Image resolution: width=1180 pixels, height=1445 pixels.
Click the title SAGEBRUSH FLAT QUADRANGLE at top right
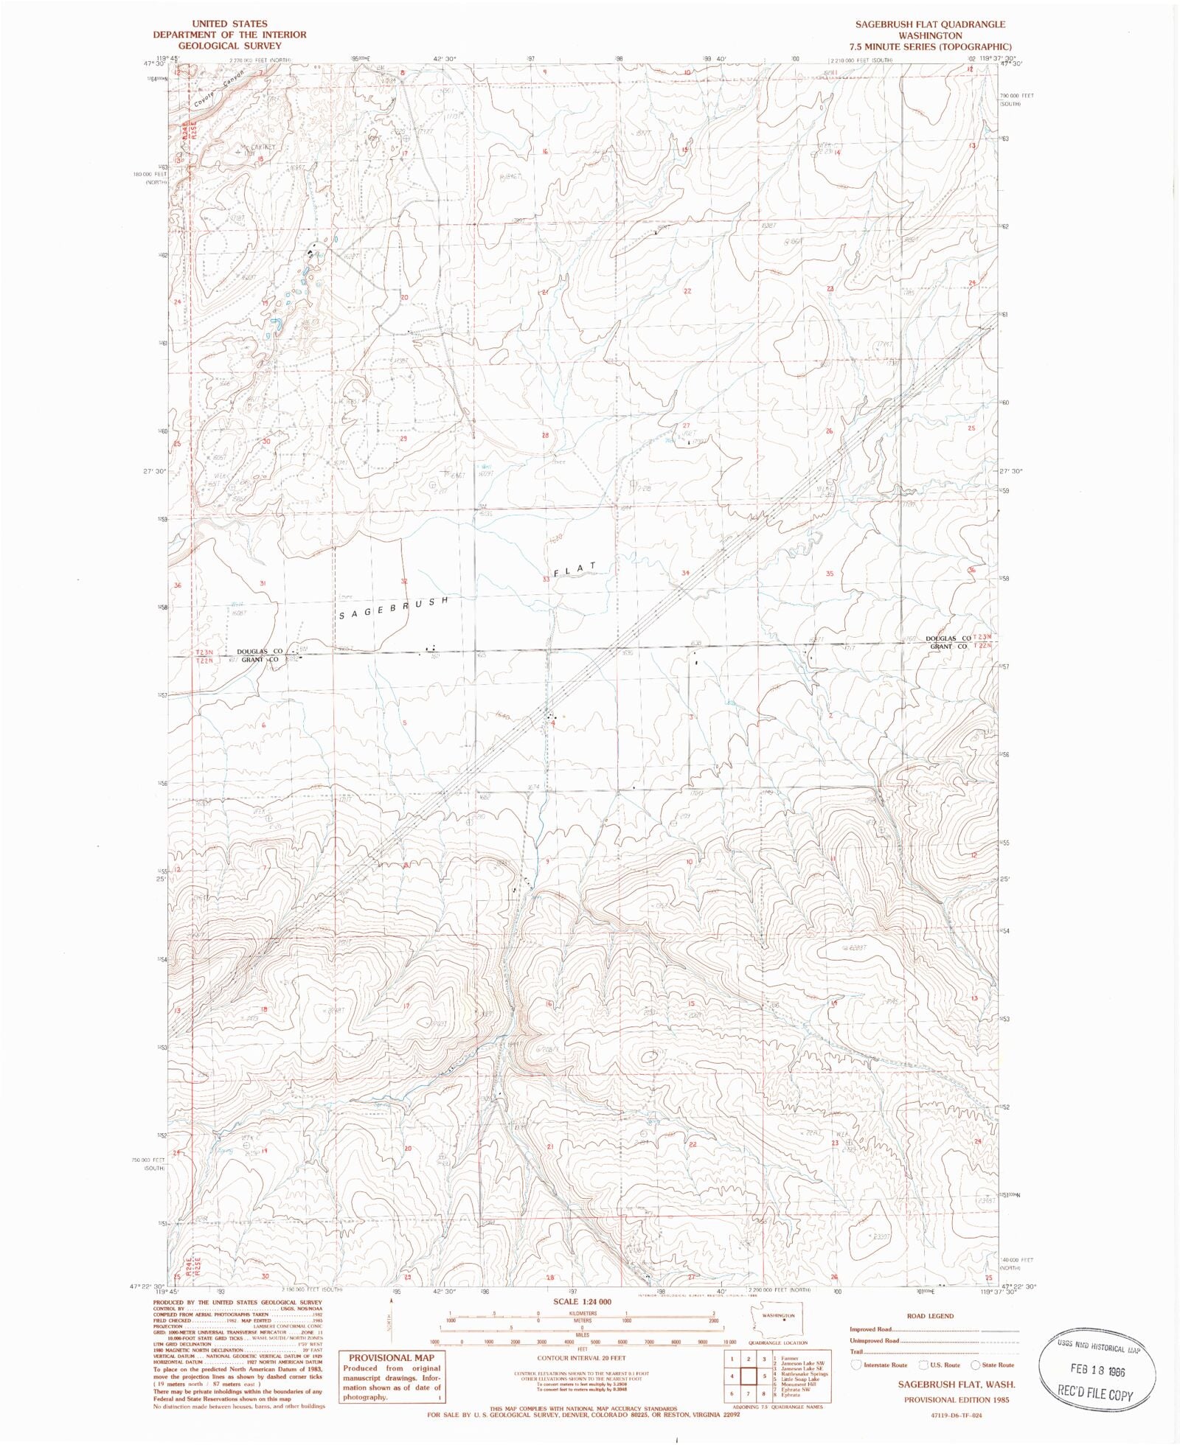coord(930,24)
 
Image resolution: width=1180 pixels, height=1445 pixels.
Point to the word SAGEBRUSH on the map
coord(392,608)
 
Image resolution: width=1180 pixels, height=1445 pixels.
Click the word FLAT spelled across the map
coord(574,570)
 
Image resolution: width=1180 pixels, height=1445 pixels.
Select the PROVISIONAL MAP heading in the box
coord(392,1358)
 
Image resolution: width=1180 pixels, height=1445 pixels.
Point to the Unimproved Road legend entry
coord(875,1340)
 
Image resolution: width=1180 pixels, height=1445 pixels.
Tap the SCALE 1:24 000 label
coord(582,1302)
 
